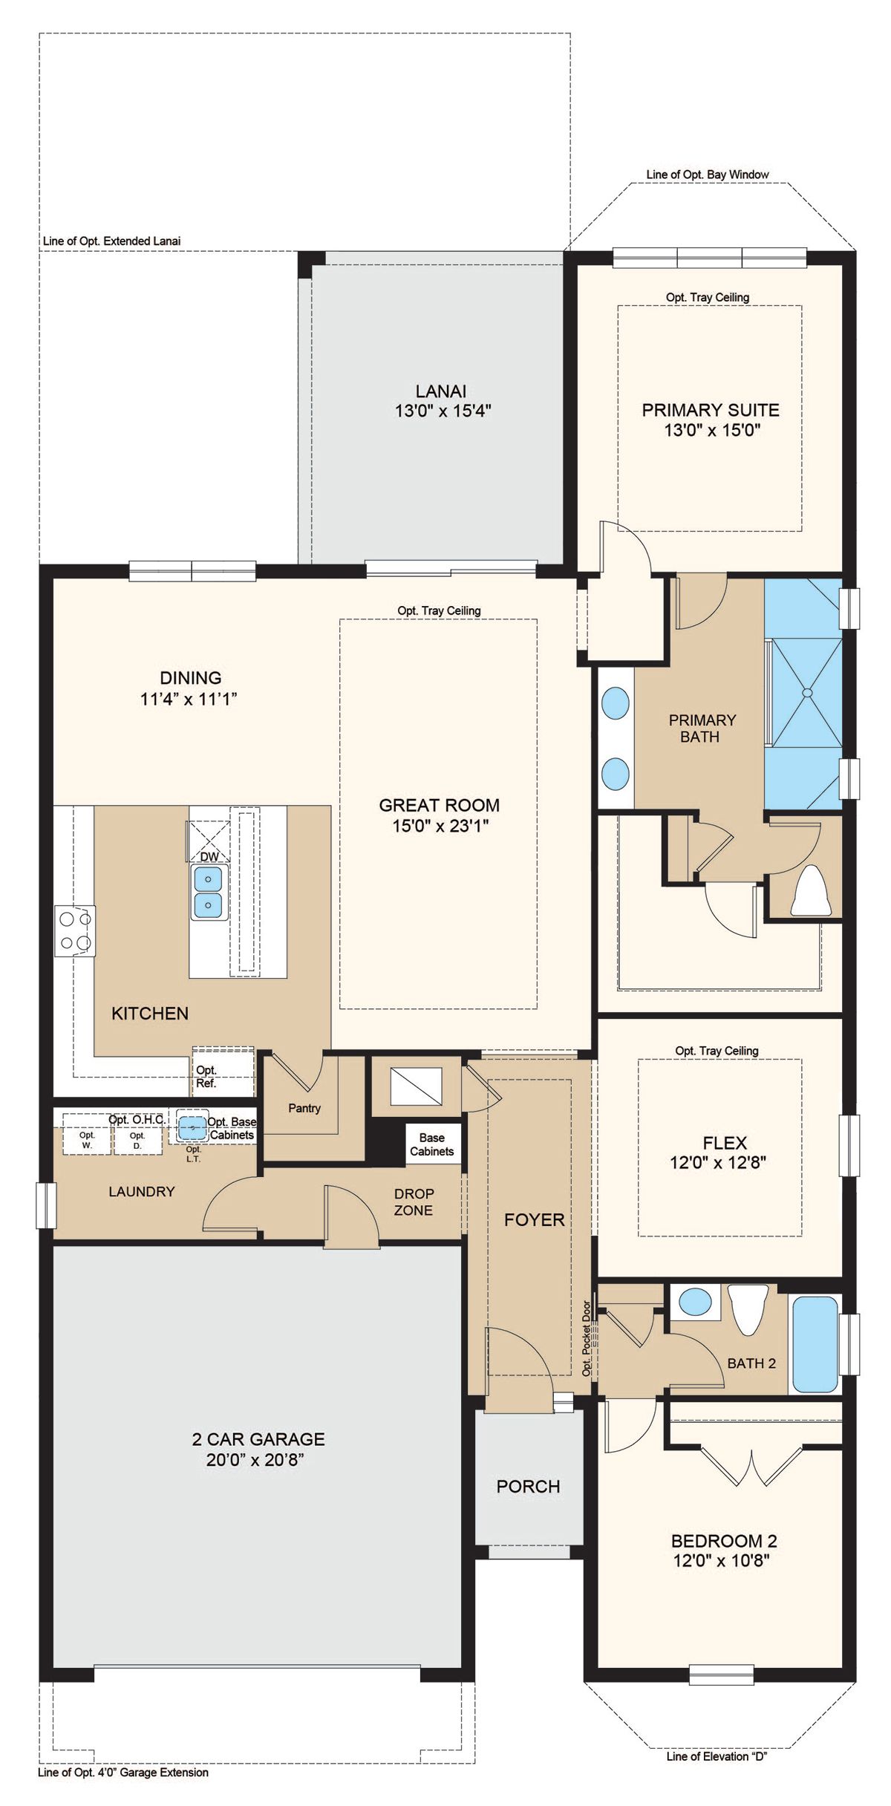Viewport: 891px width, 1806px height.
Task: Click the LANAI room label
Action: [x=441, y=391]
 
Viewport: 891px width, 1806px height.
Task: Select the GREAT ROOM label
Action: [x=440, y=805]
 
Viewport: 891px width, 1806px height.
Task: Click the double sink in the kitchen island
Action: [x=209, y=892]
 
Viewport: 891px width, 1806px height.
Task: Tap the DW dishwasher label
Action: [x=210, y=856]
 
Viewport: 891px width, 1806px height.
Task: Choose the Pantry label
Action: [x=304, y=1108]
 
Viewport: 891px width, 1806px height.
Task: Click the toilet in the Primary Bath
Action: [x=811, y=891]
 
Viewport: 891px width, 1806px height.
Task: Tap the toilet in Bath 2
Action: [x=748, y=1308]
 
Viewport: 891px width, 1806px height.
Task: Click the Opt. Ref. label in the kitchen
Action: [x=206, y=1077]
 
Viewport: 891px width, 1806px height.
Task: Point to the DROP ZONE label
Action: [x=414, y=1202]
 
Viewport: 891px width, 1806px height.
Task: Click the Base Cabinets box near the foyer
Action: [x=432, y=1144]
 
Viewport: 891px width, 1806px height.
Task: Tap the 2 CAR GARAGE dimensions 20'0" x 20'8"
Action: [x=256, y=1460]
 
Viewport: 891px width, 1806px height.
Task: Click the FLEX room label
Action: [x=725, y=1143]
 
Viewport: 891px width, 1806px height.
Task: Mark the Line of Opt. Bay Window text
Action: [x=708, y=175]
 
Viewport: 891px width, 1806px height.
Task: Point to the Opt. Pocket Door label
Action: [x=587, y=1337]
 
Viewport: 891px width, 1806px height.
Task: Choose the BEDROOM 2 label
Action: [x=724, y=1541]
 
